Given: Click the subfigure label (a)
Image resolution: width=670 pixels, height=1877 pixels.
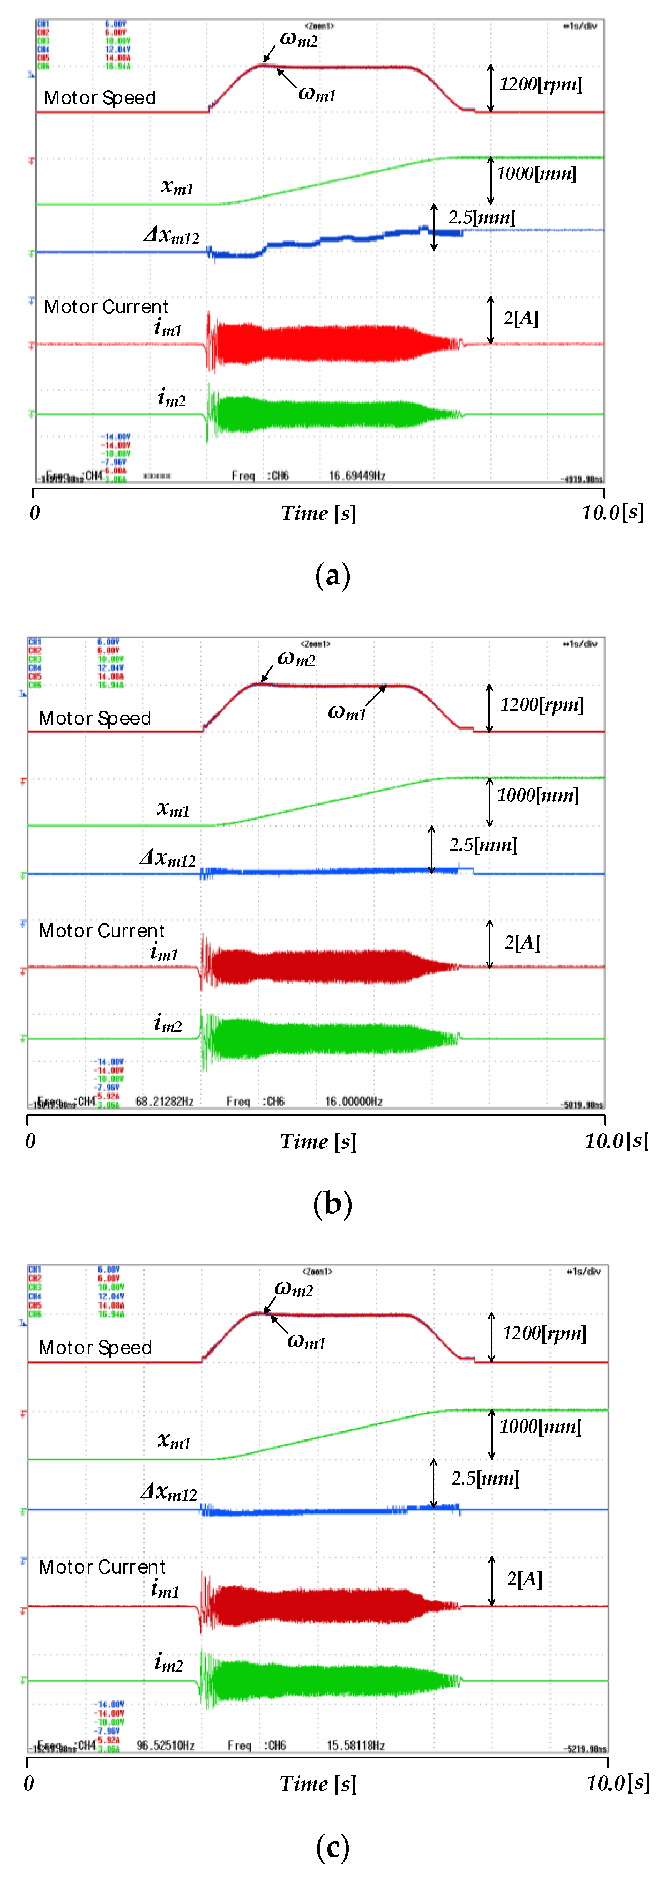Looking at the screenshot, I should pos(333,576).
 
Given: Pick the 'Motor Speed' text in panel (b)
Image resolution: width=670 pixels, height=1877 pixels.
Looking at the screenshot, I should pos(95,718).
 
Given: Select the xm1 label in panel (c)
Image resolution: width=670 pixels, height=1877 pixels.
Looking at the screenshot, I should pos(174,1441).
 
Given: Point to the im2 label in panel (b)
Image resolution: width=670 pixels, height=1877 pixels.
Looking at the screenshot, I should pos(168,1024).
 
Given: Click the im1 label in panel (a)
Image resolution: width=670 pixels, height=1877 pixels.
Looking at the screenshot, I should pos(168,328).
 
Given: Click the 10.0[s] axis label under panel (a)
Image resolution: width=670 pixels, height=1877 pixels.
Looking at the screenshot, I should pos(612,512).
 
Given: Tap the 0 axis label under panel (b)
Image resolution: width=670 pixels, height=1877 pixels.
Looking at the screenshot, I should pos(31,1141).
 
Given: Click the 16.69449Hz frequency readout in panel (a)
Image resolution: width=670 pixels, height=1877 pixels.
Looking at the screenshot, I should pos(357,476).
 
